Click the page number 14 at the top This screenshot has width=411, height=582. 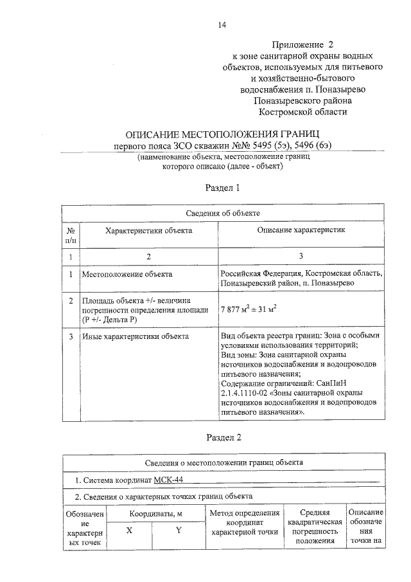coord(222,25)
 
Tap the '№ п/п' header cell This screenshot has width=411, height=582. coord(71,235)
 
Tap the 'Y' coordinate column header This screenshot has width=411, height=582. coord(179,531)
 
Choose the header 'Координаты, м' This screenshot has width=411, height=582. coord(154,514)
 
